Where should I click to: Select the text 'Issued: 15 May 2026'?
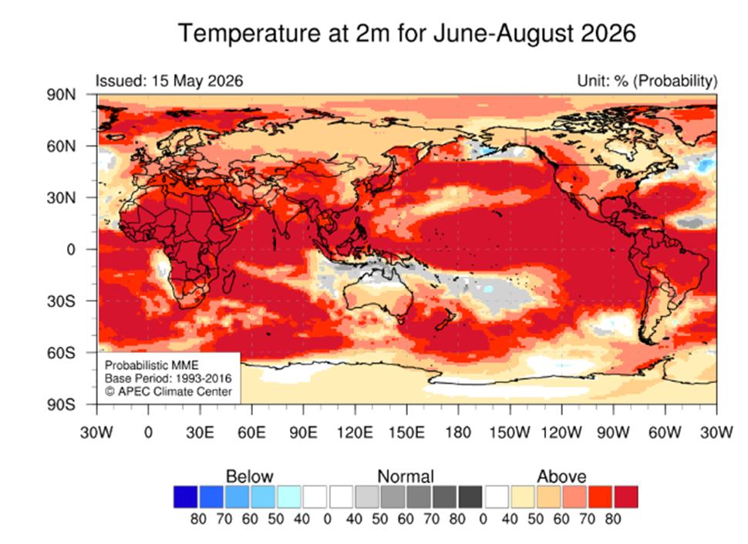[170, 81]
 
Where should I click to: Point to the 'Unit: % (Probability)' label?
[647, 82]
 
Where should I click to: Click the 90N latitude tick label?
[61, 95]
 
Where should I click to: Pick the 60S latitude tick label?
[61, 353]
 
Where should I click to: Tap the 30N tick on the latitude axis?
[61, 198]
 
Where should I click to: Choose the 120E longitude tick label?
[355, 432]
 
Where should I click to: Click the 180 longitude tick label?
[458, 432]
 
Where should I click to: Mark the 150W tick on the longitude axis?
[510, 432]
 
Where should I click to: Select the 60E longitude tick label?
[251, 432]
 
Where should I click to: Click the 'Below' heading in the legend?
[250, 476]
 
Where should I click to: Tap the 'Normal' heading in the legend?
[406, 476]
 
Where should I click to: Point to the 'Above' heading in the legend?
[561, 476]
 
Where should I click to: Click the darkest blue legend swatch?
[186, 497]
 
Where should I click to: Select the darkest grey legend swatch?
[470, 497]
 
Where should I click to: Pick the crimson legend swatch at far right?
[626, 497]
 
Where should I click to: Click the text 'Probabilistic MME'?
[152, 365]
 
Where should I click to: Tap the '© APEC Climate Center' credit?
[168, 391]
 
